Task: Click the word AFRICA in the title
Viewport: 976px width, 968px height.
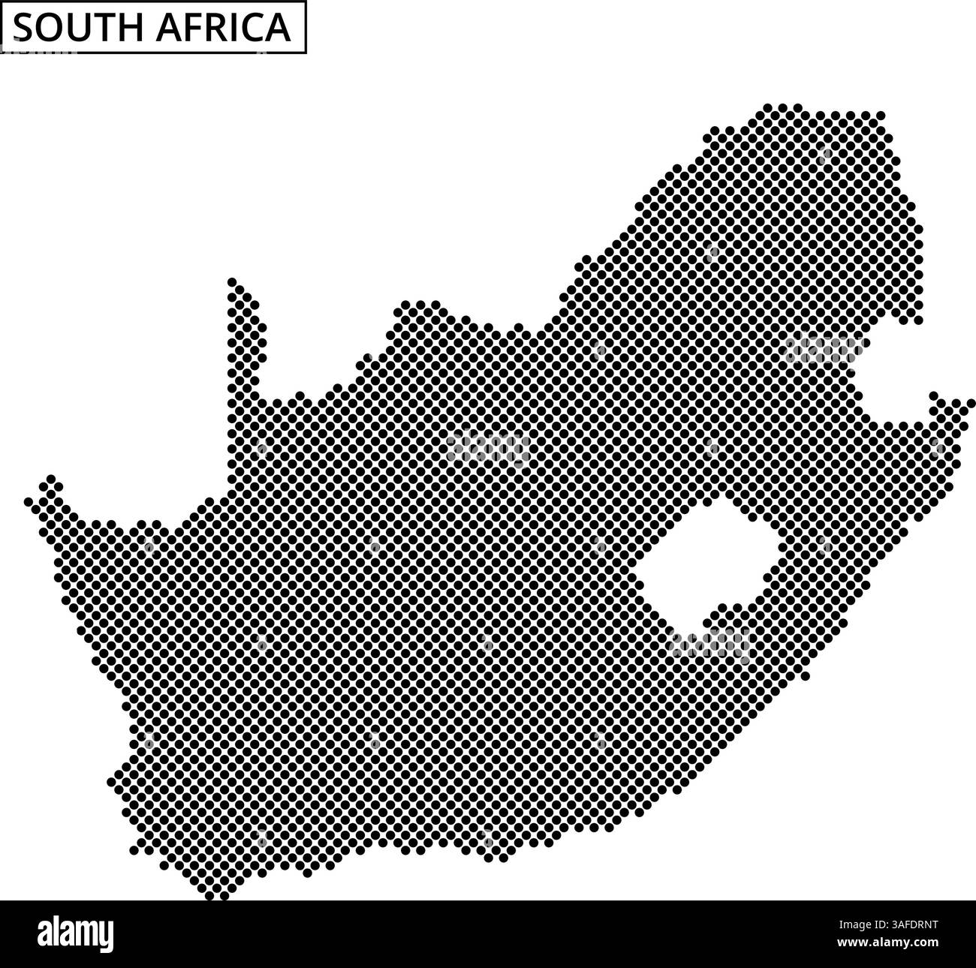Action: point(224,28)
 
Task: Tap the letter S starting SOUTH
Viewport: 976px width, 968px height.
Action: point(23,28)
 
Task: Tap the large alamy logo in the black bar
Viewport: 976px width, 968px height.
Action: point(76,934)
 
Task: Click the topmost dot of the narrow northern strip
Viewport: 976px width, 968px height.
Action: point(232,282)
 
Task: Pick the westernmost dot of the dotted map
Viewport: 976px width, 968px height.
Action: point(29,501)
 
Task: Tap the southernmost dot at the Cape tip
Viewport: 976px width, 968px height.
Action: point(224,895)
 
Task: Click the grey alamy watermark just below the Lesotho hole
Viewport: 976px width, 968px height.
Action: point(710,644)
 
